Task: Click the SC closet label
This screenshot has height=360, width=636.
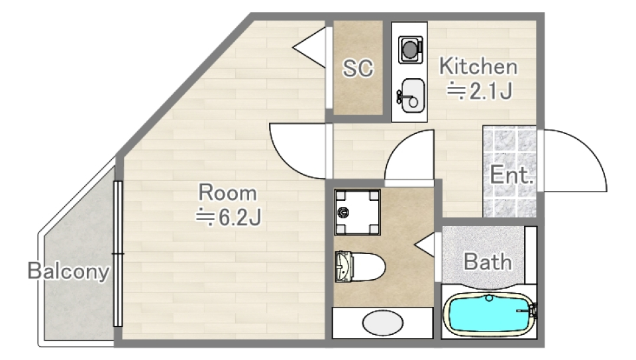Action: click(357, 68)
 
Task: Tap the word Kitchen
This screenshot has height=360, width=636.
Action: click(478, 66)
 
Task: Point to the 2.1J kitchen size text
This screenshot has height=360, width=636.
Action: click(479, 91)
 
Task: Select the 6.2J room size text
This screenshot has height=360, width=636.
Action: click(229, 217)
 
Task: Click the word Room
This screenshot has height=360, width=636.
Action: click(227, 193)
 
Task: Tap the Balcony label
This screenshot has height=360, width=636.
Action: click(68, 271)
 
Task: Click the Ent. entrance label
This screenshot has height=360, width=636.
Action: click(511, 175)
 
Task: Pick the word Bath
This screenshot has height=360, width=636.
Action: click(488, 262)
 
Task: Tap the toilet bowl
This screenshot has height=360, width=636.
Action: click(360, 267)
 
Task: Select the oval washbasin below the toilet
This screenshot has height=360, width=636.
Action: click(382, 323)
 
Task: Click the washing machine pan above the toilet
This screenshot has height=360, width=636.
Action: click(357, 212)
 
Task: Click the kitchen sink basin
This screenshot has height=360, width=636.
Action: click(411, 95)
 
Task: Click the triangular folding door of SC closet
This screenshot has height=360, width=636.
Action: click(309, 48)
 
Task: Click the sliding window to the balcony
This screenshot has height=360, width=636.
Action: click(118, 254)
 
